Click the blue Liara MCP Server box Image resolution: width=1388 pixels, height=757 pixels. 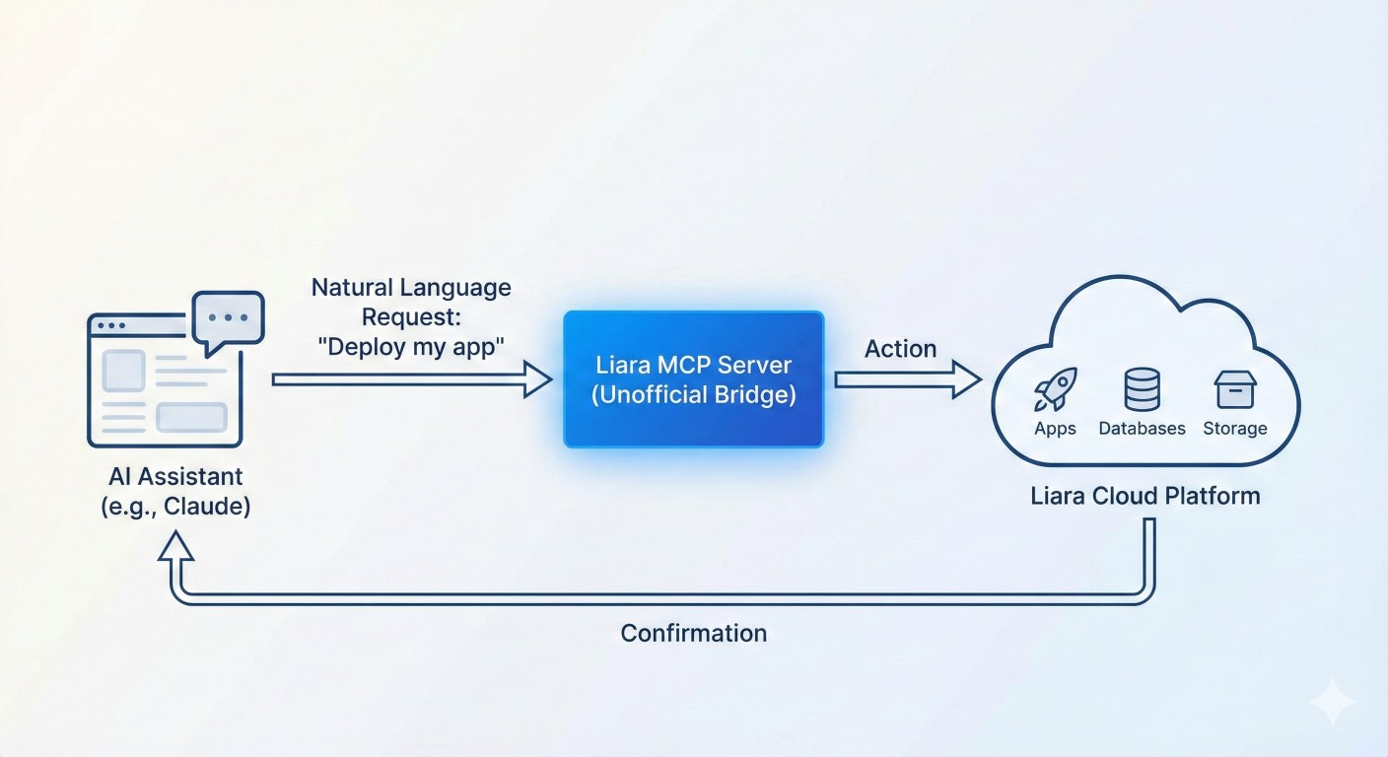(x=693, y=379)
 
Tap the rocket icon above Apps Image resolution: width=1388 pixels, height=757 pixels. (x=1055, y=389)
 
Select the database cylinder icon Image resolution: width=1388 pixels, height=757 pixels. (x=1142, y=390)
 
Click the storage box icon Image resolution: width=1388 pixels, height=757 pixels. (x=1234, y=389)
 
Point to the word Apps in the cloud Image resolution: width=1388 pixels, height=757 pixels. (x=1055, y=429)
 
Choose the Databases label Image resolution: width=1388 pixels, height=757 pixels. (x=1142, y=429)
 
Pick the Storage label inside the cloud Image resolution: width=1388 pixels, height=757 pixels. (x=1234, y=429)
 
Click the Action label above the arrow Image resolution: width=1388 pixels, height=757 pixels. (x=900, y=349)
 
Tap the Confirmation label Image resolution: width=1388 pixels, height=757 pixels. (x=693, y=633)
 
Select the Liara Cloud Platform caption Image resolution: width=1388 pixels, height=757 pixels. (x=1145, y=495)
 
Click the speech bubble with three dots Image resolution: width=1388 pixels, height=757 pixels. (x=229, y=319)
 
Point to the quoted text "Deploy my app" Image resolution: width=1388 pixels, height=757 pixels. (x=411, y=347)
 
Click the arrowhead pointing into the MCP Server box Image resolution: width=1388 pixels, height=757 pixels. (x=538, y=379)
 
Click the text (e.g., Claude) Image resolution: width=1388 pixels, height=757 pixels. (x=175, y=507)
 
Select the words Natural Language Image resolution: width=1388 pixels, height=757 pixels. (x=411, y=288)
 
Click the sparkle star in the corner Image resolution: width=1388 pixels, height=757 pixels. (x=1332, y=702)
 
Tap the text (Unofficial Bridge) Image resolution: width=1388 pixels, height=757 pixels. (x=693, y=395)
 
